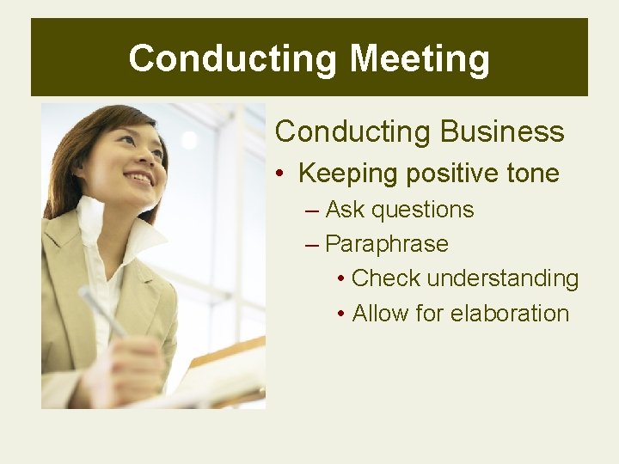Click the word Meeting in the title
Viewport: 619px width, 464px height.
pos(420,59)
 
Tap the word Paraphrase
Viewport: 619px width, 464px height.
pos(387,244)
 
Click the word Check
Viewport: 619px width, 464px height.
pos(386,278)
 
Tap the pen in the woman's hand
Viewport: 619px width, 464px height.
pos(103,312)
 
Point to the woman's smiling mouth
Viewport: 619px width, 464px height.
pos(139,180)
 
